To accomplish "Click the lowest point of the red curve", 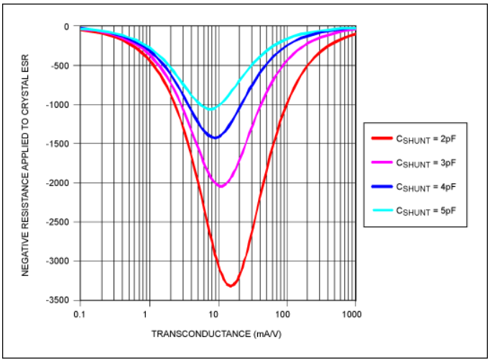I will point(231,286).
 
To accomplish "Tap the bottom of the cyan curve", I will point(210,109).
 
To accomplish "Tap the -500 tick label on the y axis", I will point(61,66).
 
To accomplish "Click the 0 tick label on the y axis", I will point(67,27).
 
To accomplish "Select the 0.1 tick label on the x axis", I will point(79,315).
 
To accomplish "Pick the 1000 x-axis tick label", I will point(351,315).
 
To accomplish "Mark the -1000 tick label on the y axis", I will point(59,105).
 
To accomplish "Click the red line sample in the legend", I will point(382,140).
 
